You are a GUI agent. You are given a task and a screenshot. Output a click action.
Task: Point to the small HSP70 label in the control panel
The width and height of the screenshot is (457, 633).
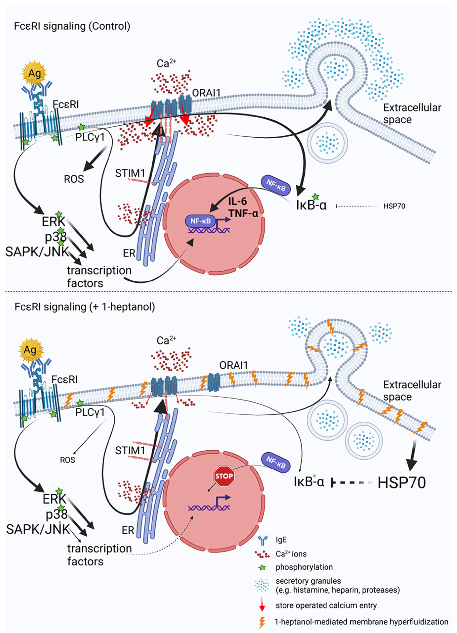click(394, 206)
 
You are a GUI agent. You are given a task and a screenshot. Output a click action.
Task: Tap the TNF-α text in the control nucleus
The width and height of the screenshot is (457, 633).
click(243, 213)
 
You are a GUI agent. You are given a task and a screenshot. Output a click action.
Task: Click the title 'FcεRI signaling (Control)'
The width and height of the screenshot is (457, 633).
click(72, 26)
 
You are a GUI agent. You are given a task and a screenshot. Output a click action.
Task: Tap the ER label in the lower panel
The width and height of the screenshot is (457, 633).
click(128, 530)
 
